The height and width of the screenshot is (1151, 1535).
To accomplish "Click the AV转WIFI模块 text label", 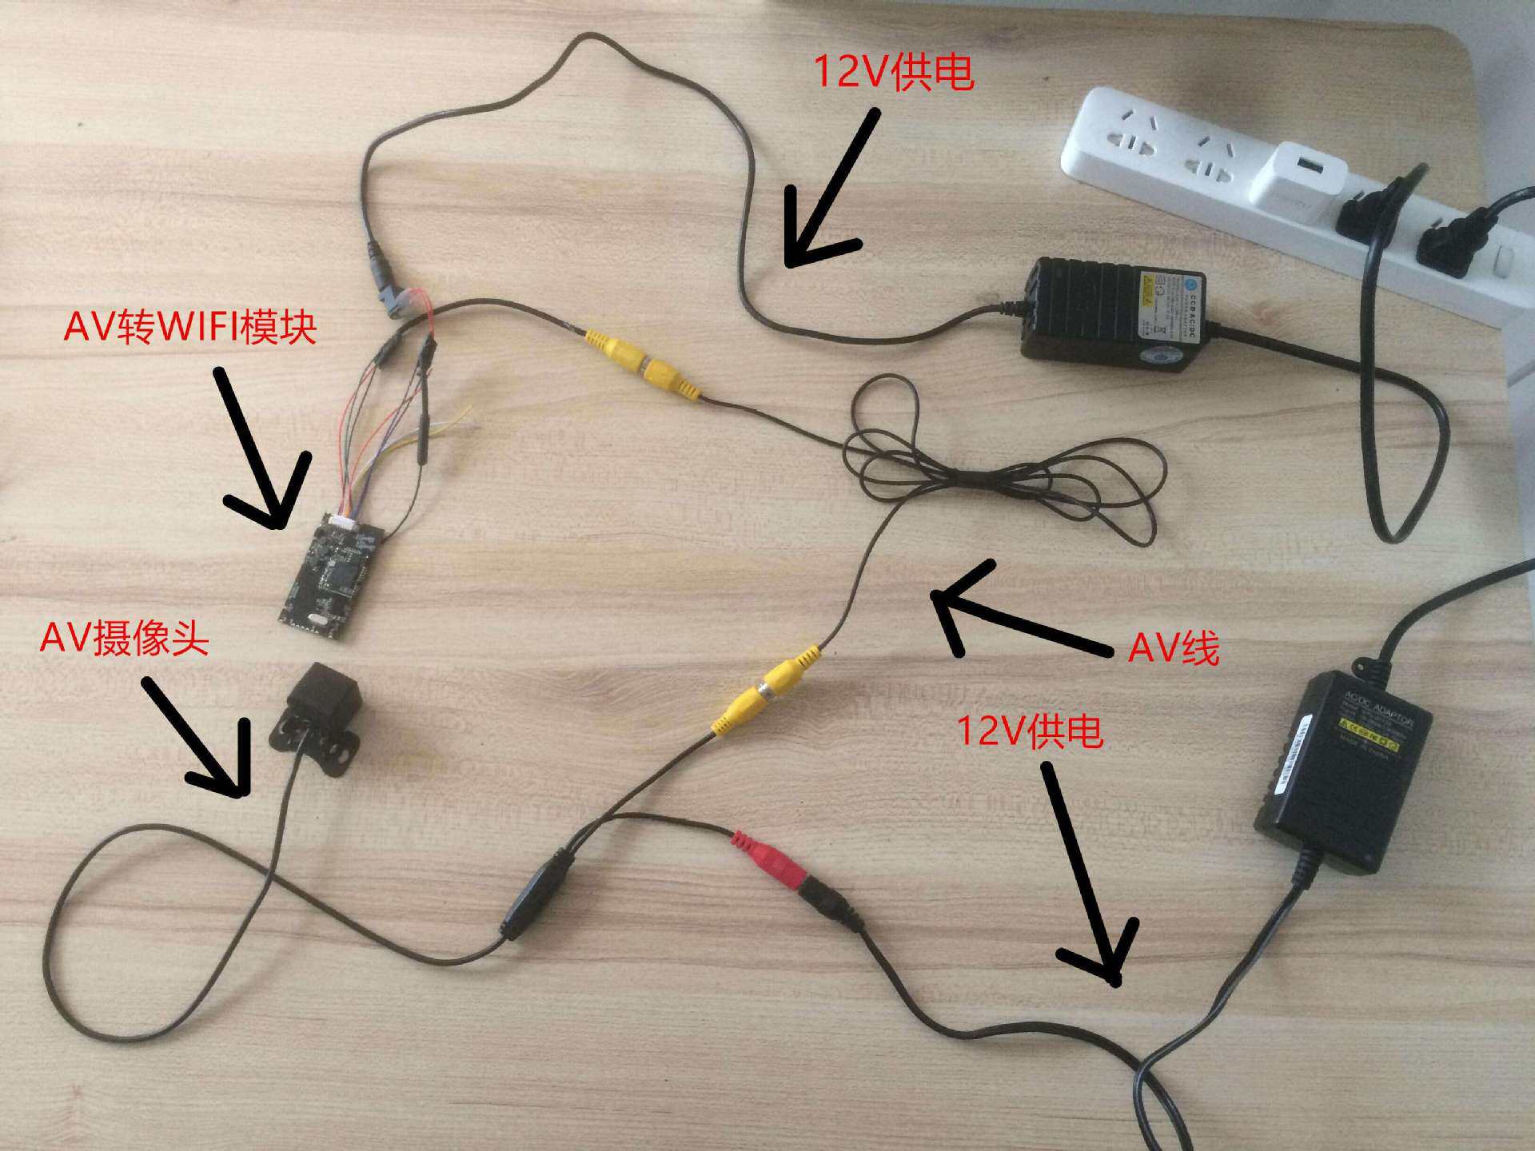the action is tap(190, 327).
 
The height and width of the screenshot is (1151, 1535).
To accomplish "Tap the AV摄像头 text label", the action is tap(125, 639).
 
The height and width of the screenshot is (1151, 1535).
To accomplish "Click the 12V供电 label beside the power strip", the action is tap(893, 73).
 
